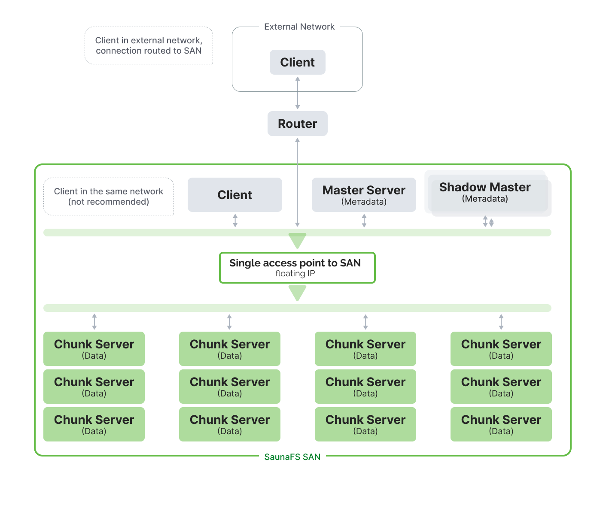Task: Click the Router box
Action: pyautogui.click(x=297, y=124)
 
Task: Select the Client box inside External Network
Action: pyautogui.click(x=297, y=62)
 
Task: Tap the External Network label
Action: pyautogui.click(x=299, y=27)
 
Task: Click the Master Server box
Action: pyautogui.click(x=364, y=195)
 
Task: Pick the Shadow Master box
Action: pyautogui.click(x=485, y=192)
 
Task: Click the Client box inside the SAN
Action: pyautogui.click(x=234, y=195)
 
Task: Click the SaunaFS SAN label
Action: pyautogui.click(x=292, y=457)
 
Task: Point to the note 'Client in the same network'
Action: pyautogui.click(x=109, y=197)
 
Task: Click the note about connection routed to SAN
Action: pyautogui.click(x=149, y=45)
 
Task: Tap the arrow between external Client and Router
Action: pyautogui.click(x=297, y=93)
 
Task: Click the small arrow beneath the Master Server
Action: pyautogui.click(x=364, y=221)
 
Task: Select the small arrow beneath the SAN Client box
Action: pyautogui.click(x=235, y=221)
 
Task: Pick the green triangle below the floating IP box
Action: pyautogui.click(x=297, y=293)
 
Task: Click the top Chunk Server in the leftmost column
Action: pyautogui.click(x=94, y=349)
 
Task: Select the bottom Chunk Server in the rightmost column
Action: pyautogui.click(x=501, y=424)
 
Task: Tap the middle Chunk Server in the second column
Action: pyautogui.click(x=230, y=387)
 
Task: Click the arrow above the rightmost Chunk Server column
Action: pyautogui.click(x=501, y=322)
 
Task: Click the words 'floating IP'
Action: pyautogui.click(x=295, y=274)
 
